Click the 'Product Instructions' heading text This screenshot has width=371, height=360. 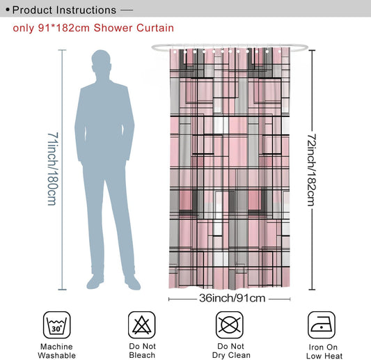click(x=64, y=10)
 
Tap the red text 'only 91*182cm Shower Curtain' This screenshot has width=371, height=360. click(x=93, y=28)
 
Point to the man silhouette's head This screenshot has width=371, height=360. click(x=101, y=61)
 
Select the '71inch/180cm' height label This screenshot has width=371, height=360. click(x=53, y=169)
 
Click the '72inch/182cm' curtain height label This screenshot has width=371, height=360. click(x=312, y=170)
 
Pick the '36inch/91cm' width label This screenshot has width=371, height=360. click(x=232, y=298)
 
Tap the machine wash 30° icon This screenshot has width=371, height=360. click(x=57, y=324)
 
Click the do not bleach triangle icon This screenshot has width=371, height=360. click(x=142, y=324)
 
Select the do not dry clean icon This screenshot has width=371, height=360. click(x=229, y=324)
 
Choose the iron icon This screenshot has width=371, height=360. click(x=322, y=325)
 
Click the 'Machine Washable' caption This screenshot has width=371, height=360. click(x=57, y=351)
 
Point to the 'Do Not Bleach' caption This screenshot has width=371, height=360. click(x=142, y=350)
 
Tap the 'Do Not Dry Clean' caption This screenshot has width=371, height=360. click(x=231, y=350)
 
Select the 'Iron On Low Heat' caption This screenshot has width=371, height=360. click(x=324, y=352)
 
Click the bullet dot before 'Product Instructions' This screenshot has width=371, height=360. click(x=8, y=10)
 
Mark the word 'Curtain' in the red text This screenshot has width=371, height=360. click(x=155, y=28)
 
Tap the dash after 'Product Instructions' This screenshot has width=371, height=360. click(x=127, y=10)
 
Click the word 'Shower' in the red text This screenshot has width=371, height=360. click(x=113, y=28)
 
